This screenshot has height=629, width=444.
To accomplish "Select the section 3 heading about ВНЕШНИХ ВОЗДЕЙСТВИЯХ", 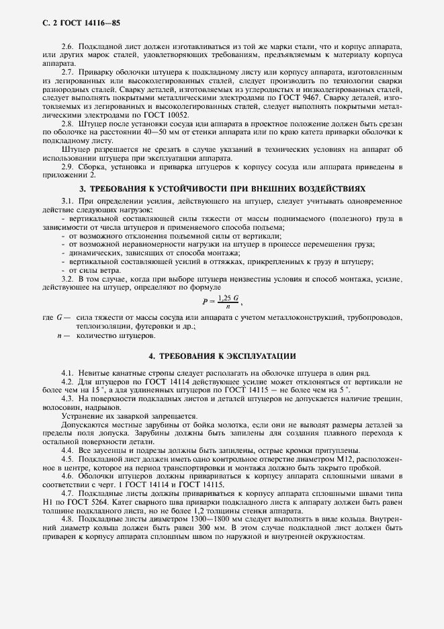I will [222, 190].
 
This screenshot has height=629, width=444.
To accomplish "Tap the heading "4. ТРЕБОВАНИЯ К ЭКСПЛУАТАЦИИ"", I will [222, 355].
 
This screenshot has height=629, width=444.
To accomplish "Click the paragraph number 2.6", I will [67, 44].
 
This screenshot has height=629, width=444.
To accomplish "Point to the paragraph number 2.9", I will [67, 166].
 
